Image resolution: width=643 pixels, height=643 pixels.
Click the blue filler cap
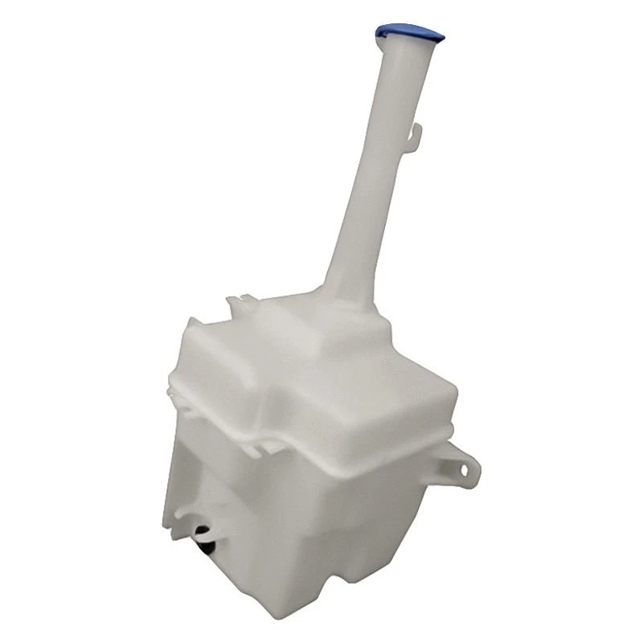point(408,34)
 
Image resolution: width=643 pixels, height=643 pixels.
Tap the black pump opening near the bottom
point(203,536)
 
